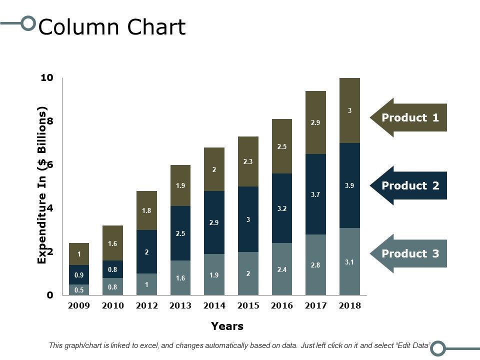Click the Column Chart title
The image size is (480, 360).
tap(112, 27)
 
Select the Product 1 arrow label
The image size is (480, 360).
tap(410, 118)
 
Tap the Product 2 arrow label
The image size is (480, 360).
tap(410, 186)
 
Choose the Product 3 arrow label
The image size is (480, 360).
tap(410, 254)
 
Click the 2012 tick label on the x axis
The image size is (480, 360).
tap(146, 306)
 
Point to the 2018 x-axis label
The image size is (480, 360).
tap(349, 306)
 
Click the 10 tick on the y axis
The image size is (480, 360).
tap(47, 77)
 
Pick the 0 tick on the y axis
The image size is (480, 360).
tap(50, 295)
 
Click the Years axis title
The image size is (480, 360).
tap(227, 326)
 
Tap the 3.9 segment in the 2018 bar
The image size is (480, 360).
tap(349, 185)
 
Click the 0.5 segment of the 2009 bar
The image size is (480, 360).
tap(79, 290)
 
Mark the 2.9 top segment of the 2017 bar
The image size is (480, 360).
tap(315, 122)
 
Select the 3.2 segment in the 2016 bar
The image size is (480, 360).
tap(281, 208)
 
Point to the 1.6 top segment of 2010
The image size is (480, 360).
tap(112, 243)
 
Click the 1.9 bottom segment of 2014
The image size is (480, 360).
tap(214, 274)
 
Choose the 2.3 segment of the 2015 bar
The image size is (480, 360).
tap(248, 161)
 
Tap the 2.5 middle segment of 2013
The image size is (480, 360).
tap(180, 233)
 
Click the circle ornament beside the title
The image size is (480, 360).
tap(29, 23)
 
